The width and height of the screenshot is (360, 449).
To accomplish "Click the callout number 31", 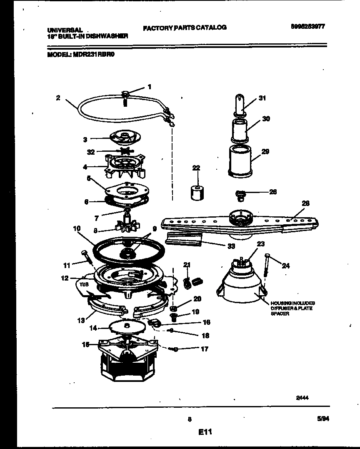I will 262,98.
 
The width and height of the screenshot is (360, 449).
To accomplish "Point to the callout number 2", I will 58,98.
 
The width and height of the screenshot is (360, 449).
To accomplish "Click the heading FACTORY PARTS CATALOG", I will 185,28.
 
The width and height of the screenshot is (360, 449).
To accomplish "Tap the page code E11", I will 205,433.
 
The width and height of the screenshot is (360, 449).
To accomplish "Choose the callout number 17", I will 204,349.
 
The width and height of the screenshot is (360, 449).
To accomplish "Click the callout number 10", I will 76,228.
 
